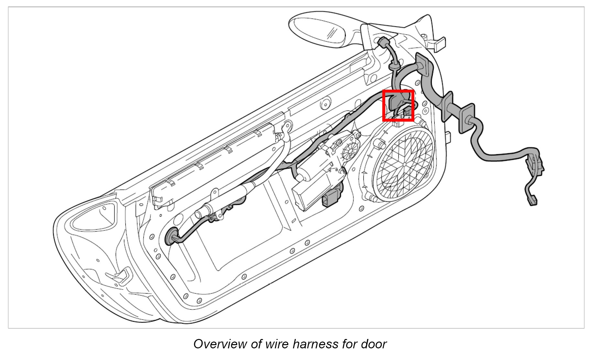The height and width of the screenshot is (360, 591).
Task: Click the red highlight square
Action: [x=398, y=106]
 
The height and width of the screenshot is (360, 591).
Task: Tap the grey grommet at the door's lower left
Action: [x=171, y=237]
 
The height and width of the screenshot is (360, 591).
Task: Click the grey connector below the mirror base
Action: [x=384, y=42]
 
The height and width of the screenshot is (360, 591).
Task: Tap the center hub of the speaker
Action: [x=404, y=164]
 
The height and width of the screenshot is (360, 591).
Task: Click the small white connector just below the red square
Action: [x=398, y=124]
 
